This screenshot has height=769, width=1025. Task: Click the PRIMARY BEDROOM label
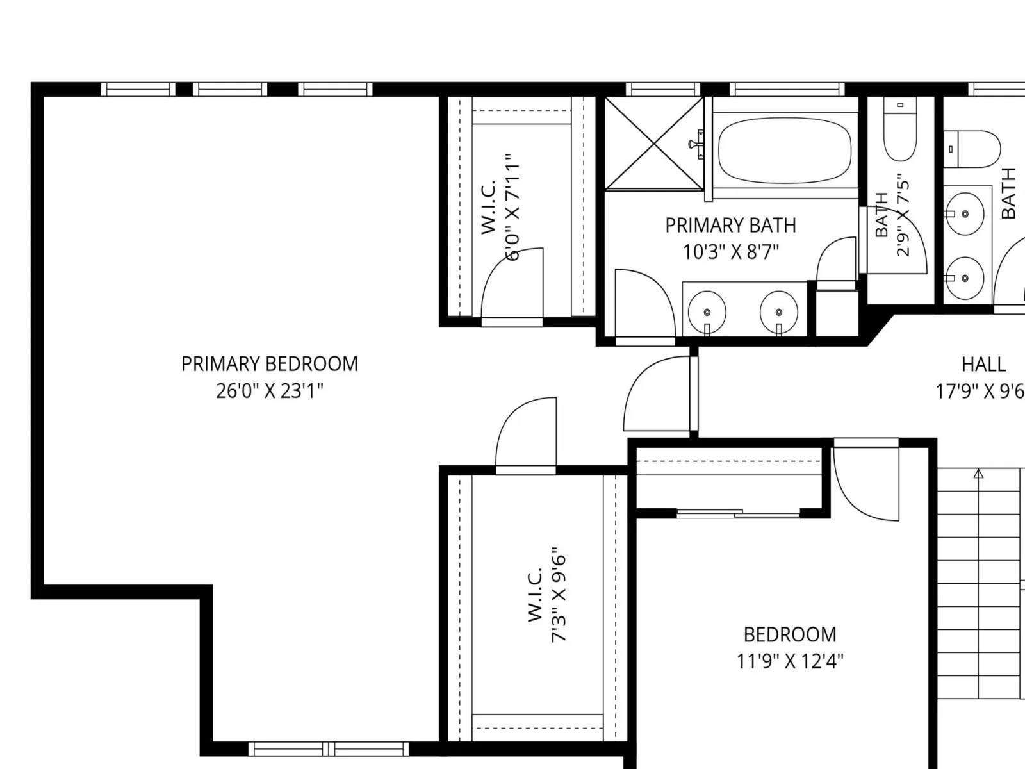click(x=270, y=364)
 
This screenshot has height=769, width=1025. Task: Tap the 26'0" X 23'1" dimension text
click(x=270, y=391)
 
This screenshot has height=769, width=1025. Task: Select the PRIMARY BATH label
click(x=730, y=226)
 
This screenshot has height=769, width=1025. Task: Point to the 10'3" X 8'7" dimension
click(x=730, y=252)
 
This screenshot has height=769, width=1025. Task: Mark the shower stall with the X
click(x=654, y=144)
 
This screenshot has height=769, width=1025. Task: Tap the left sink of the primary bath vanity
click(x=707, y=312)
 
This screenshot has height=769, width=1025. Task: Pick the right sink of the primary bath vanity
click(x=778, y=312)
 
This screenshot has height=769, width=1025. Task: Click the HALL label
click(x=983, y=364)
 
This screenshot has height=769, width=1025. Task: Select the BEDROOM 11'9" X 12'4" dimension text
click(x=790, y=661)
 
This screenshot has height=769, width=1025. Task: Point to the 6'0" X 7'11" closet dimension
click(x=512, y=206)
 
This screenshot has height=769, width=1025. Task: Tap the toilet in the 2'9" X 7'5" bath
click(x=900, y=129)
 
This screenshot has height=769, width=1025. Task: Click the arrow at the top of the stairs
click(x=978, y=474)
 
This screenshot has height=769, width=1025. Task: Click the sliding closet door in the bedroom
click(x=738, y=513)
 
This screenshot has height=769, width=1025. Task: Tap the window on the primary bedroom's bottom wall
click(x=328, y=749)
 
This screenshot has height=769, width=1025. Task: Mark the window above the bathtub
click(x=787, y=89)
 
